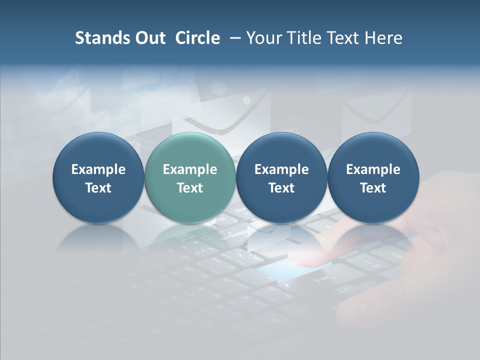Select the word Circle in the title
coord(197,38)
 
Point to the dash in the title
coord(233,38)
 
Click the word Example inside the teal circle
coord(190,169)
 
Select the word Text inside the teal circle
coord(190,188)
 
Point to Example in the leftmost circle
coord(98,169)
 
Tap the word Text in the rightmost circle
coord(373,188)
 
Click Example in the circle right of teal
coord(281,169)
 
